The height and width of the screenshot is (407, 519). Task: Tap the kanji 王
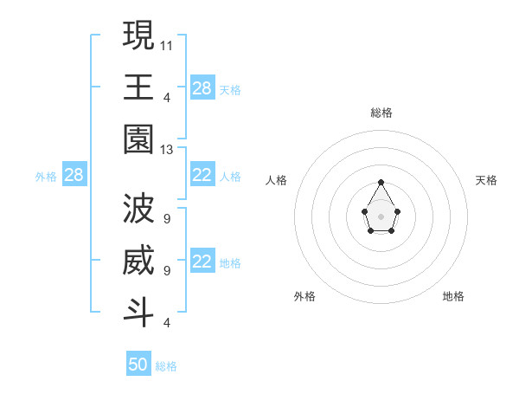click(138, 87)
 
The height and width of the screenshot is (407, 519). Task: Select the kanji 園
click(138, 139)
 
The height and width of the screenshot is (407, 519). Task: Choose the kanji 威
click(138, 260)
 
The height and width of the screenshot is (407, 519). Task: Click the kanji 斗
click(138, 312)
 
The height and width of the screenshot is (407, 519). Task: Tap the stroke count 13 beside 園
click(167, 150)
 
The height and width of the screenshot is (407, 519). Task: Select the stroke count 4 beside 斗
click(166, 323)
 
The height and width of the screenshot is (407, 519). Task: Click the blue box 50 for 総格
click(138, 365)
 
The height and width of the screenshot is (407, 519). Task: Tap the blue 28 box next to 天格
click(202, 87)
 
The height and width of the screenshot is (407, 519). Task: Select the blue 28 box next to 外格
click(74, 175)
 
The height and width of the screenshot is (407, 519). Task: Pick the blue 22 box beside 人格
click(202, 175)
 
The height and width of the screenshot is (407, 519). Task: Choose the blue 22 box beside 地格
click(202, 262)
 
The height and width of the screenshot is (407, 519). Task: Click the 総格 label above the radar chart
click(381, 113)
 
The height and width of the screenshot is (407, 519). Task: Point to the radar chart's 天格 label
click(486, 180)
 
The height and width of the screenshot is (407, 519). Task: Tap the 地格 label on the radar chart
click(453, 296)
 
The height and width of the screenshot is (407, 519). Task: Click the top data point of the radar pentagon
click(381, 182)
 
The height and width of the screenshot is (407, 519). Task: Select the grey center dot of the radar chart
click(381, 216)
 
